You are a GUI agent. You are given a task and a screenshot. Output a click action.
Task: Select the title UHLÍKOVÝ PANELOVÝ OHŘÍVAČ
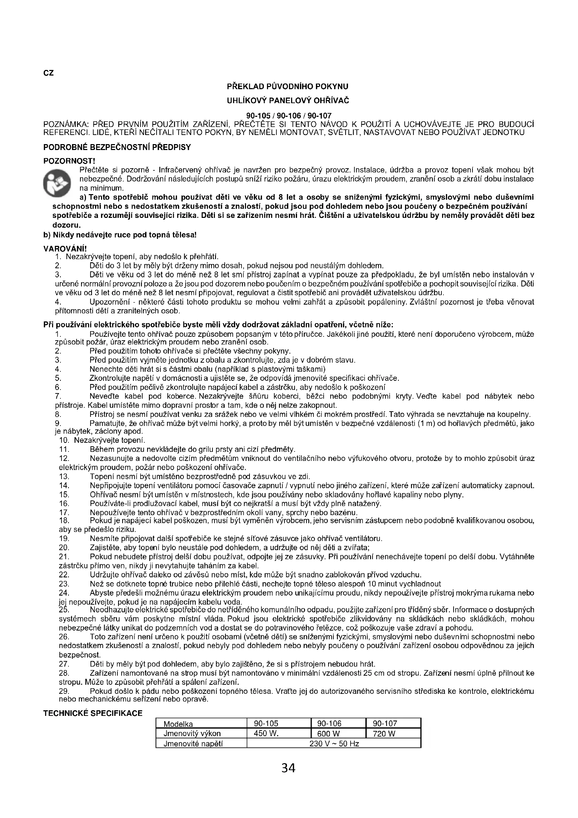288,101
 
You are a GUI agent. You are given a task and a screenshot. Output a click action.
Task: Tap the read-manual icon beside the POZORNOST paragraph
57,184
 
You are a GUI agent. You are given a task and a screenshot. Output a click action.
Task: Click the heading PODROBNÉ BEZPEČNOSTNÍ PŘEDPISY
117,148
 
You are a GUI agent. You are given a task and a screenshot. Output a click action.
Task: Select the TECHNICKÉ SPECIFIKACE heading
93,713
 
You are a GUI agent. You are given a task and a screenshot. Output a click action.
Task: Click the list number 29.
64,691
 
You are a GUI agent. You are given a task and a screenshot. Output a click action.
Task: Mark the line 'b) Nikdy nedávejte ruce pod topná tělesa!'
120,235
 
